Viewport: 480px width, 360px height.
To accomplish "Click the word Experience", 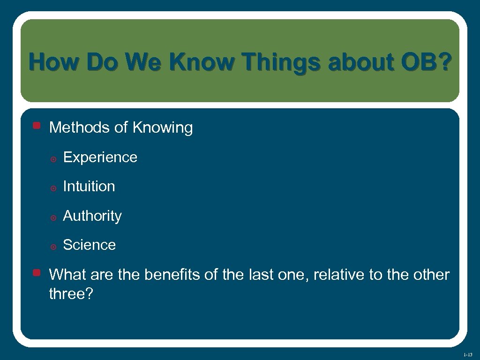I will coord(100,157).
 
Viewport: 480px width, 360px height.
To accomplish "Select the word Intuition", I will coord(89,187).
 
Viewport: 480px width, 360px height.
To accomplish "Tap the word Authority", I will coord(92,216).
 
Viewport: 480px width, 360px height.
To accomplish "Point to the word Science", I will coord(89,245).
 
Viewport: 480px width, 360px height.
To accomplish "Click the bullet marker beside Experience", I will coord(53,159).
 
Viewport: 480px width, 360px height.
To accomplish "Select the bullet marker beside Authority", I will coord(53,217).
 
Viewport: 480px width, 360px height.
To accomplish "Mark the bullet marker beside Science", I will coord(53,247).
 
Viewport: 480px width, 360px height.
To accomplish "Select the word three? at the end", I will coord(71,294).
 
